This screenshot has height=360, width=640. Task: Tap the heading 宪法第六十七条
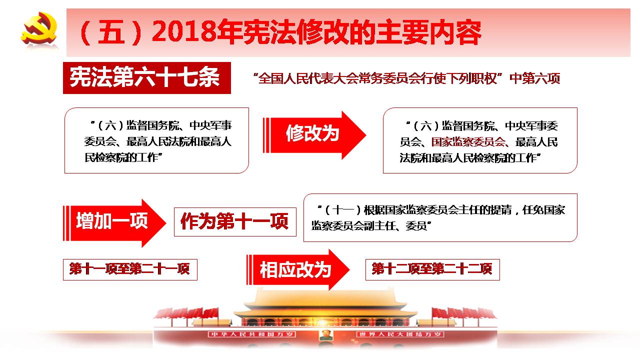(145, 77)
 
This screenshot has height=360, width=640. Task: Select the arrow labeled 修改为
(314, 135)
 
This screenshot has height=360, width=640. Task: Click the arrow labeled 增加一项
(114, 223)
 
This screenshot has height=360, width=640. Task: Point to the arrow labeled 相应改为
(298, 269)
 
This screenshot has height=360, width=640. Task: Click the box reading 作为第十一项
(235, 221)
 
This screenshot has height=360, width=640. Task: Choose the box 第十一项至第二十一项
(130, 269)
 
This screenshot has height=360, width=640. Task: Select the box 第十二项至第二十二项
(432, 269)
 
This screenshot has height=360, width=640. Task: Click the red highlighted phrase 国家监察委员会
(468, 141)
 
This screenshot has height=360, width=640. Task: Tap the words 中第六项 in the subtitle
(535, 78)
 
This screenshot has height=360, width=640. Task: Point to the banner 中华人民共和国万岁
(252, 334)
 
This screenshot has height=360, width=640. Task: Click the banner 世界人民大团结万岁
(400, 334)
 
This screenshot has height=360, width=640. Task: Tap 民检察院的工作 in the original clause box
(121, 157)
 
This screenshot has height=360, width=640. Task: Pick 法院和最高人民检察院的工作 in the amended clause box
(468, 157)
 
